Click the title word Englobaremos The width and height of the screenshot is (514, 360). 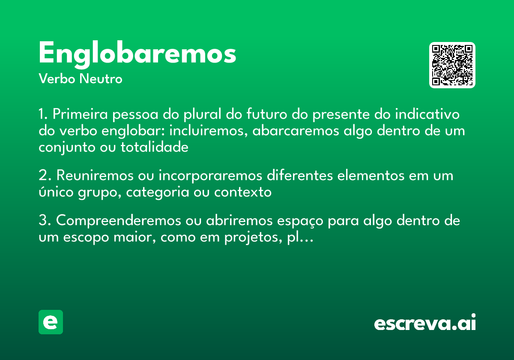click(137, 54)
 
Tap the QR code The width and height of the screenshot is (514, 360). click(452, 65)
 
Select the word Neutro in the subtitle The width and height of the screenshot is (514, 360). click(101, 79)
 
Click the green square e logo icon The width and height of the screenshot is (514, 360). click(51, 322)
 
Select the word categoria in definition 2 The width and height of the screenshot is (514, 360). click(155, 192)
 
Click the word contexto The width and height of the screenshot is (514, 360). click(243, 192)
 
